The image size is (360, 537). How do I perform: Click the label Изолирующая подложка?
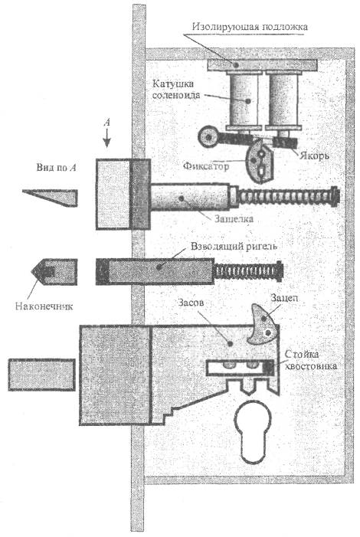click(250, 27)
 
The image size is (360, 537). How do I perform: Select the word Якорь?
click(314, 156)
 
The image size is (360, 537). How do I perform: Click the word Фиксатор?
click(206, 166)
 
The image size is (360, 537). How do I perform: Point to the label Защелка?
click(234, 218)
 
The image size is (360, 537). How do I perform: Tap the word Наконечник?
click(44, 306)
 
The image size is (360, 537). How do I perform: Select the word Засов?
click(191, 303)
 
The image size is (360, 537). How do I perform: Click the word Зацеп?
click(284, 298)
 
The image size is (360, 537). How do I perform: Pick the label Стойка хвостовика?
click(311, 360)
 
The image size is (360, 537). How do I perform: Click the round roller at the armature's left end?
click(208, 137)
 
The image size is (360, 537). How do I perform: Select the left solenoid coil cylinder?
click(244, 100)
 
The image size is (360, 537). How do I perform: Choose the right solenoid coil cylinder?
click(283, 100)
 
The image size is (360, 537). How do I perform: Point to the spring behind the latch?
click(288, 198)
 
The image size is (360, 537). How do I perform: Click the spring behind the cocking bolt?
click(249, 271)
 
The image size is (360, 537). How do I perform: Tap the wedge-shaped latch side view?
click(50, 198)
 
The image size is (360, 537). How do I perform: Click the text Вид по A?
click(57, 168)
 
